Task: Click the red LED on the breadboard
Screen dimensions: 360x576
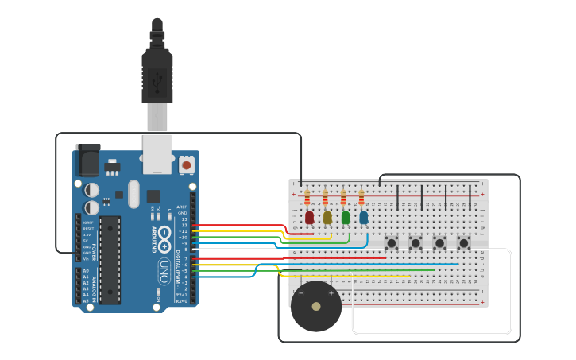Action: click(x=309, y=217)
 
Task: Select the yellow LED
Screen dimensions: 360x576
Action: click(x=327, y=217)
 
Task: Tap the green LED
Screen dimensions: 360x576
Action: click(x=346, y=217)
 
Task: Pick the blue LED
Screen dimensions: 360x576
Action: click(x=364, y=217)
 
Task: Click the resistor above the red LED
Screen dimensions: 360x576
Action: click(x=307, y=197)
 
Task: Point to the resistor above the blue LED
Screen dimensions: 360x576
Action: click(x=361, y=197)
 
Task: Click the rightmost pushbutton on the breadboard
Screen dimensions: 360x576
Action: click(x=463, y=242)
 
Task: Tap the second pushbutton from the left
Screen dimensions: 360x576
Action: click(x=416, y=242)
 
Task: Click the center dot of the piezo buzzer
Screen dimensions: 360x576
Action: click(x=316, y=306)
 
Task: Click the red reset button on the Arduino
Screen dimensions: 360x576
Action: click(x=187, y=165)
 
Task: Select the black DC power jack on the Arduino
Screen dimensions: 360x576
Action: click(x=87, y=162)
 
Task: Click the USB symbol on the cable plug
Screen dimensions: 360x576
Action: click(x=157, y=79)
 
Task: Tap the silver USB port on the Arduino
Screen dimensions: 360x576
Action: click(x=157, y=154)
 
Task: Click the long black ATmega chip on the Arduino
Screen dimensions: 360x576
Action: click(x=110, y=259)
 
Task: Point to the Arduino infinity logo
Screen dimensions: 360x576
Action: click(x=164, y=235)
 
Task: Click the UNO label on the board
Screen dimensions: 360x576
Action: click(x=164, y=266)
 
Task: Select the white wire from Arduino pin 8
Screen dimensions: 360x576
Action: click(x=238, y=250)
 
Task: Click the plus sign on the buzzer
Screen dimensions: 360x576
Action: click(x=331, y=293)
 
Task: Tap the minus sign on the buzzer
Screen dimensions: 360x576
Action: click(x=301, y=293)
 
